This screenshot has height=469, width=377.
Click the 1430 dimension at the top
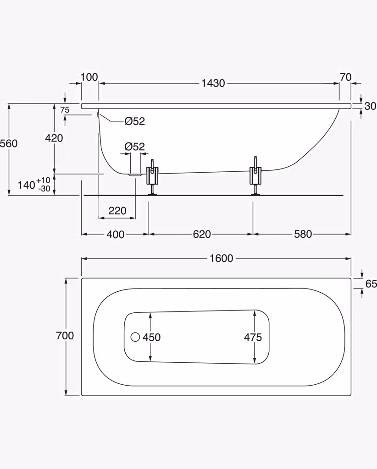[213, 83]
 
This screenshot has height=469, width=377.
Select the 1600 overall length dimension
[221, 258]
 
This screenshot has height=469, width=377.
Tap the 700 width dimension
[65, 336]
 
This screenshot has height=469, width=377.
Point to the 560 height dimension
[9, 143]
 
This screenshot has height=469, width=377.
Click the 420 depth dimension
[54, 138]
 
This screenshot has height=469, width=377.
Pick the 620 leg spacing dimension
[202, 234]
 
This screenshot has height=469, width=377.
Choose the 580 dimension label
[303, 234]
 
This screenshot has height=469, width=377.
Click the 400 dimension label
[115, 234]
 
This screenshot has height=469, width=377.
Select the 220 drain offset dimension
[117, 211]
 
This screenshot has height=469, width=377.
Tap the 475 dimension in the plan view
[253, 338]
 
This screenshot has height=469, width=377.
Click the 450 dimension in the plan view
[151, 338]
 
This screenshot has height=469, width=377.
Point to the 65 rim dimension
[371, 284]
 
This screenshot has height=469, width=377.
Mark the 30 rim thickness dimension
[371, 106]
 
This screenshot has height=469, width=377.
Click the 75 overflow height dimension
[65, 110]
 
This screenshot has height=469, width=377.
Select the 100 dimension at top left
[89, 77]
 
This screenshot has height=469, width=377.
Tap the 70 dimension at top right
[345, 77]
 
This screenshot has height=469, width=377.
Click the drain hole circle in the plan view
[135, 337]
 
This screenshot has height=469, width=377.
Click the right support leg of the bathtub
[255, 176]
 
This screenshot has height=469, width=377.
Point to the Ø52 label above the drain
[135, 147]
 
